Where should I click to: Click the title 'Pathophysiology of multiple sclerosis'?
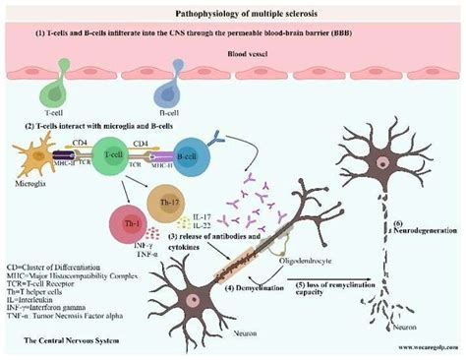click(233, 12)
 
